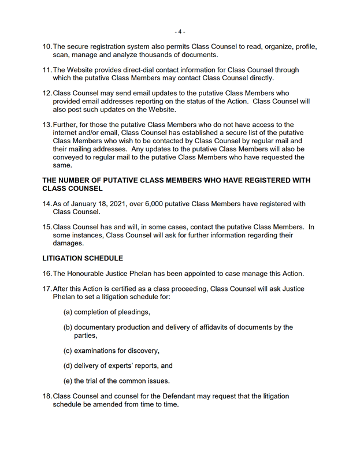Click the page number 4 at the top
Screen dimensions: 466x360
[x=180, y=31]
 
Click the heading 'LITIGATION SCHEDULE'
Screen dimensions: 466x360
[x=83, y=258]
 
